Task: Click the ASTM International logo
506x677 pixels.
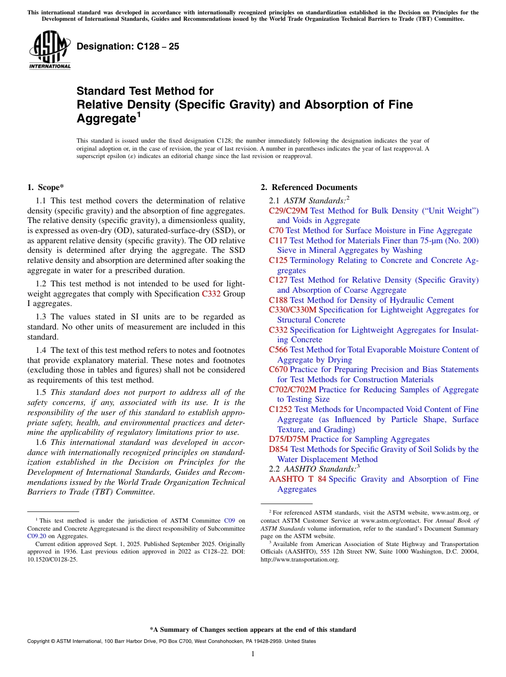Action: click(x=50, y=50)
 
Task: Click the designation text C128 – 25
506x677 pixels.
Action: click(x=128, y=47)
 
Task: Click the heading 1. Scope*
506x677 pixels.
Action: click(x=45, y=187)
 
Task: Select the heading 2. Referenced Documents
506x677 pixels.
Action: click(x=309, y=187)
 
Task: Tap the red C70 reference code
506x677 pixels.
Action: click(x=276, y=230)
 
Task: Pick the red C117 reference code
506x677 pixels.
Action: click(x=278, y=241)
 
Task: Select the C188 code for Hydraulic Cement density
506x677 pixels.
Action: click(x=278, y=300)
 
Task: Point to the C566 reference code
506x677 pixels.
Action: click(x=278, y=350)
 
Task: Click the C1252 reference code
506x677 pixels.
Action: click(x=280, y=409)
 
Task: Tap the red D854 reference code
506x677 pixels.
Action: click(x=279, y=449)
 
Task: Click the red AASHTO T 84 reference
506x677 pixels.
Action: click(x=297, y=479)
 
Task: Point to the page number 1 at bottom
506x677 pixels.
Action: click(x=253, y=654)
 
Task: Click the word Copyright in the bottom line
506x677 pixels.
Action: click(x=39, y=641)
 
